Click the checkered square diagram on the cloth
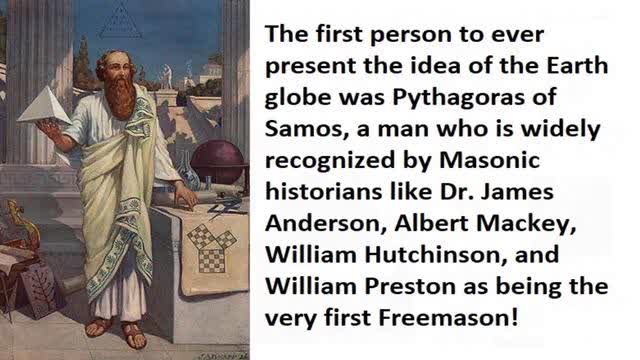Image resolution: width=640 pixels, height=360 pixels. coord(210,246)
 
